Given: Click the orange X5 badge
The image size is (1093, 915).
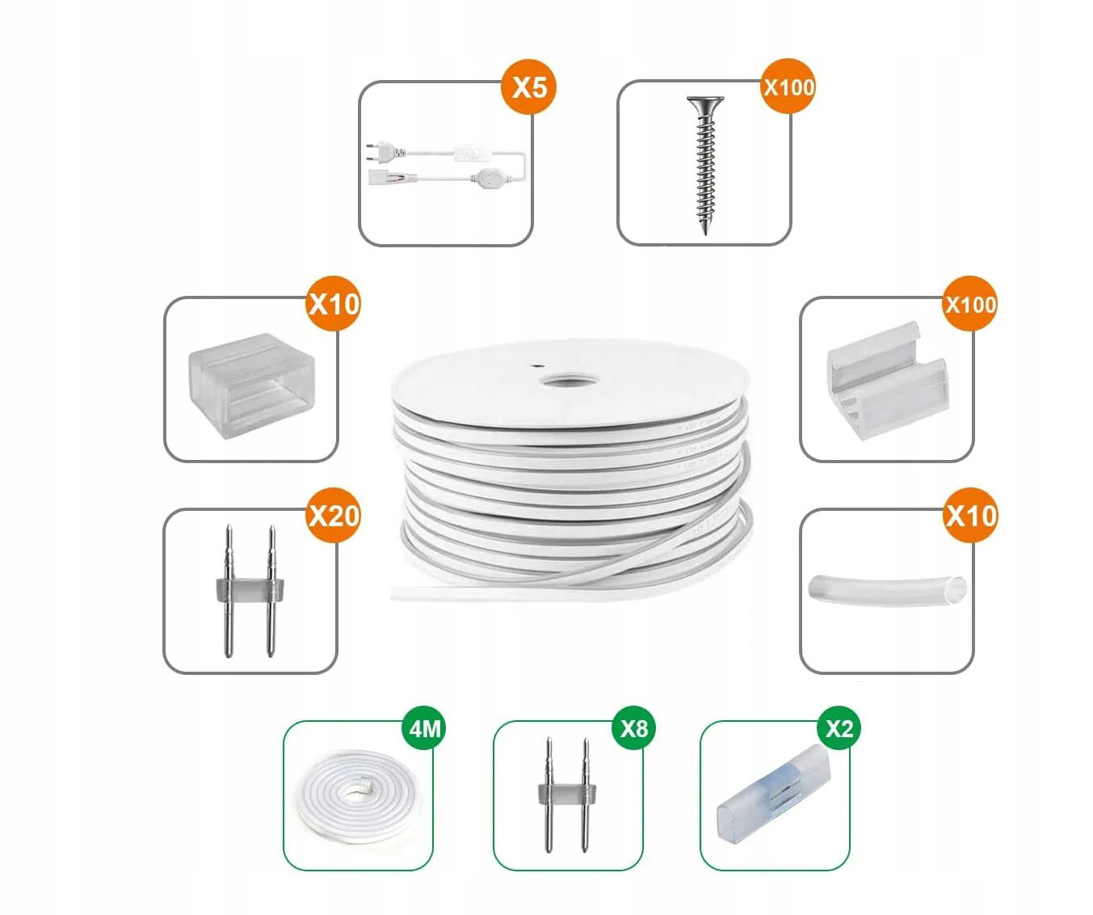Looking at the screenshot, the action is coord(528,86).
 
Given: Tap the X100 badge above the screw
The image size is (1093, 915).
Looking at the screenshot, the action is coord(788,86).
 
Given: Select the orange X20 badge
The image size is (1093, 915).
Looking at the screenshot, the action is coord(334,516).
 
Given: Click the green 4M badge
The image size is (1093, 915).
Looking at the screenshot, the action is coord(424,728).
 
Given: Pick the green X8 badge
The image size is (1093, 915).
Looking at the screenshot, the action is coord(634,728).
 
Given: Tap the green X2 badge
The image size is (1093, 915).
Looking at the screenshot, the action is coord(839,728).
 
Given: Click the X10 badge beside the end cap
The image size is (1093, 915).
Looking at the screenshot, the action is coord(334,304).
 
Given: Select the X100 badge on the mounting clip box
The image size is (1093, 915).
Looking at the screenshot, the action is coord(970,304).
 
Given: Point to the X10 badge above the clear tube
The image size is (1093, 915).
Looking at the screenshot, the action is coord(970,516).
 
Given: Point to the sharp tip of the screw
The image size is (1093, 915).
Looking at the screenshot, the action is coord(705,234).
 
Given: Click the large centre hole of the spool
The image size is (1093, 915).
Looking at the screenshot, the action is coord(569,380).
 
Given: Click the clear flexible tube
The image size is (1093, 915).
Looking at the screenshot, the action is coord(887,589).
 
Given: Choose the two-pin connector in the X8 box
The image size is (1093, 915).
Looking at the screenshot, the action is coord(567,795).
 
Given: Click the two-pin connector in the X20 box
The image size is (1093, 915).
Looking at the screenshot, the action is coord(250,591).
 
